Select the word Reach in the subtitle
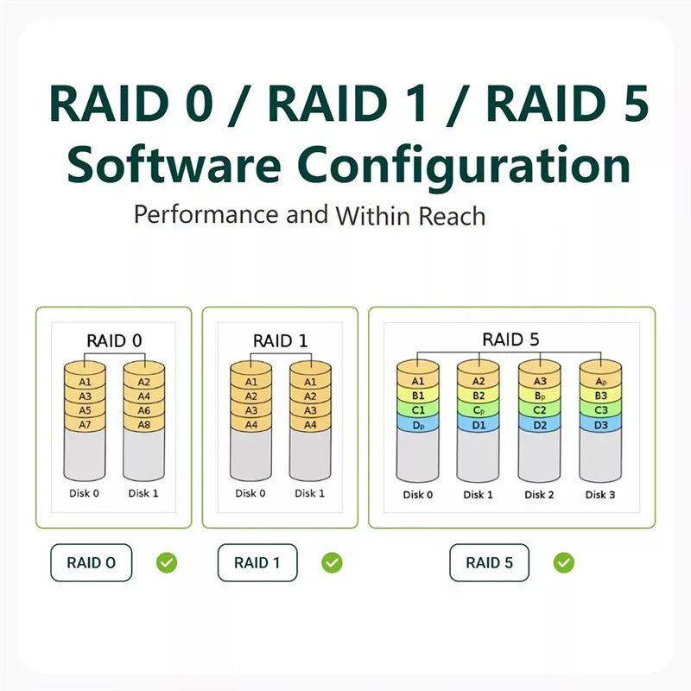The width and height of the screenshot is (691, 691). (x=453, y=215)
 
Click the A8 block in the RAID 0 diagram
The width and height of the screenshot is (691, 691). (x=143, y=424)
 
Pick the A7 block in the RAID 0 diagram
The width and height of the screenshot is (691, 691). (x=85, y=424)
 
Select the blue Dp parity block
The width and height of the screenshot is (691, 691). (x=418, y=424)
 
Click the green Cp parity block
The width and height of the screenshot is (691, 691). (x=478, y=409)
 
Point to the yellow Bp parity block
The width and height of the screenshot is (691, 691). (x=539, y=395)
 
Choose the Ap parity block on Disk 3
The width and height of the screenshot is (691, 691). (x=600, y=380)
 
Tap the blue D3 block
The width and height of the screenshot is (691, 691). (x=600, y=424)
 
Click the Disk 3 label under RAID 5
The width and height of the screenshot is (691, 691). (x=600, y=495)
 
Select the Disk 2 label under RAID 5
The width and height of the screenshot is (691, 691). (x=539, y=495)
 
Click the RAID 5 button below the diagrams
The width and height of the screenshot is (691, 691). (x=489, y=563)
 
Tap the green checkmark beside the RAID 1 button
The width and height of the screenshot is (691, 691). (x=332, y=563)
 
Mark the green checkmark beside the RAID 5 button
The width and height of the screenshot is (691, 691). (x=564, y=563)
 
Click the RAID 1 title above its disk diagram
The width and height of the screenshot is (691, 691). (x=280, y=340)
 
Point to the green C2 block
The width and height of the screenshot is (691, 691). (x=539, y=409)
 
